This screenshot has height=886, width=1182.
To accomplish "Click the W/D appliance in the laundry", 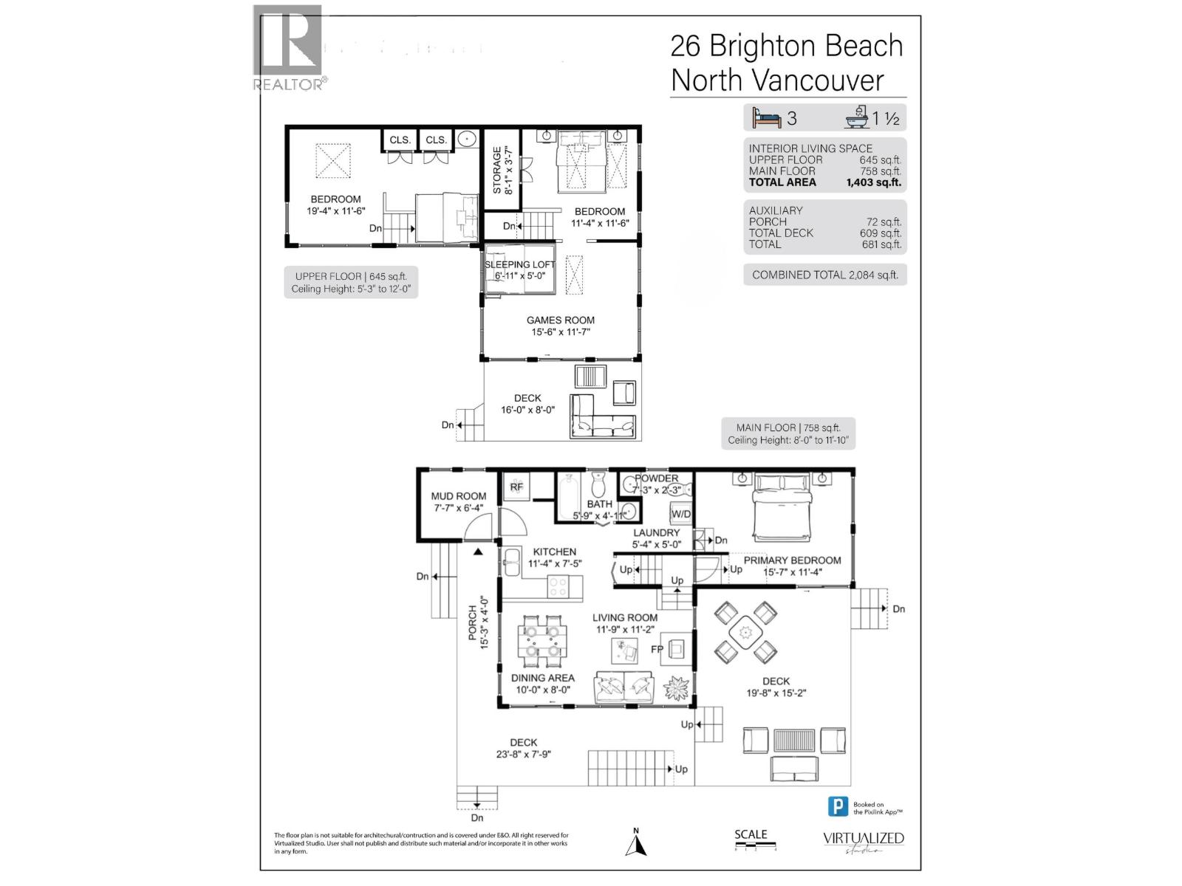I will click(x=680, y=514).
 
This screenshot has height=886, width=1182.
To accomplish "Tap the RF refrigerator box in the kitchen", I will click(x=516, y=487).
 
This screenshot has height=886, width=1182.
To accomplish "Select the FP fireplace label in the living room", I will click(x=657, y=650).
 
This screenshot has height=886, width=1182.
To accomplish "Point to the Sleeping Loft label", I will click(x=519, y=264).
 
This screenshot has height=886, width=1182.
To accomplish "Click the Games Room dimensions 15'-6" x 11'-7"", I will click(x=560, y=332).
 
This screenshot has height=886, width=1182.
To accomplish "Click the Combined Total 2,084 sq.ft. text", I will click(x=824, y=275).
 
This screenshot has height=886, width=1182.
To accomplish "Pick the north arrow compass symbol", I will click(x=635, y=843).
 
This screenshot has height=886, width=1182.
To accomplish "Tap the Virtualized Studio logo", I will click(x=864, y=842).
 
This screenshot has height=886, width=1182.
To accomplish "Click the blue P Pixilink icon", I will click(x=837, y=806).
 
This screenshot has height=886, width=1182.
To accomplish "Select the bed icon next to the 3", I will click(x=766, y=118).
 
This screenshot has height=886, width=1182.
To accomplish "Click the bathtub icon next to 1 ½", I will click(x=857, y=118).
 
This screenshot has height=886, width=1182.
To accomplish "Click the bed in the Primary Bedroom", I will click(x=782, y=508).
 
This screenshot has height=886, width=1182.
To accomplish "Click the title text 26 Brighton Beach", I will click(x=786, y=46).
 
